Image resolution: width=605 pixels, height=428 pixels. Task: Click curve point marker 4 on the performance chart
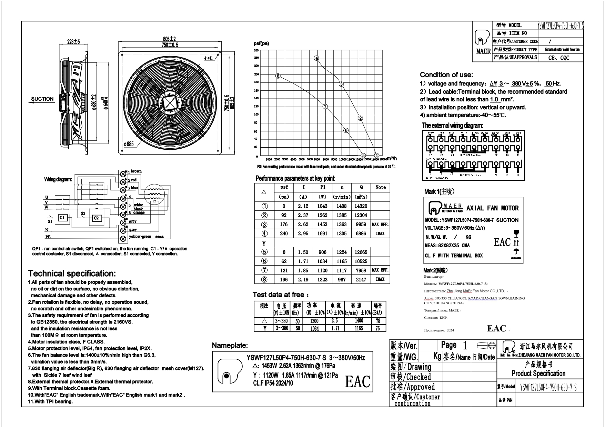click(316, 58)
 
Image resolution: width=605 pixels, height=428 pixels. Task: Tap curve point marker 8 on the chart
click(278, 76)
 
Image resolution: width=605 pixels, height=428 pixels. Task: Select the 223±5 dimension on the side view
click(73, 42)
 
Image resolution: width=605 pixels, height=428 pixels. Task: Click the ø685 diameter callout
click(129, 144)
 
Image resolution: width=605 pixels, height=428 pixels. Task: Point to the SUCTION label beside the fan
click(42, 99)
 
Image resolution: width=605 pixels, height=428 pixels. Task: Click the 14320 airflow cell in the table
click(361, 206)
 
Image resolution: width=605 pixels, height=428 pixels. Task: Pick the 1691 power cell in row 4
click(322, 233)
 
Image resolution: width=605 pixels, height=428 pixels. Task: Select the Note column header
click(380, 187)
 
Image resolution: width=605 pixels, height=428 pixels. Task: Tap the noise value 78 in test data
click(378, 321)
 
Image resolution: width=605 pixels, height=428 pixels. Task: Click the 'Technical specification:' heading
click(72, 273)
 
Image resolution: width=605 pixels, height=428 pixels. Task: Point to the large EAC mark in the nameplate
click(357, 381)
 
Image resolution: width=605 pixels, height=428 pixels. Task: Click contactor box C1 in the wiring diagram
click(62, 218)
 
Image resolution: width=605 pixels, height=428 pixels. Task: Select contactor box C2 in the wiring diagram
click(96, 218)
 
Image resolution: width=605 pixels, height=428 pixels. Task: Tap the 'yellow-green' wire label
click(140, 237)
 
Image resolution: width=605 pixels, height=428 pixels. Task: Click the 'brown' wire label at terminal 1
click(136, 171)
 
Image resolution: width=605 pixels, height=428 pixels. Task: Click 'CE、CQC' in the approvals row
click(559, 58)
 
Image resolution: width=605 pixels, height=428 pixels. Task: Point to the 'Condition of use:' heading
click(446, 75)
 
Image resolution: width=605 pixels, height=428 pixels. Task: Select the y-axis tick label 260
click(256, 50)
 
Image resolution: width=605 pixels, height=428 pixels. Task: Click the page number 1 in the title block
click(465, 345)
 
